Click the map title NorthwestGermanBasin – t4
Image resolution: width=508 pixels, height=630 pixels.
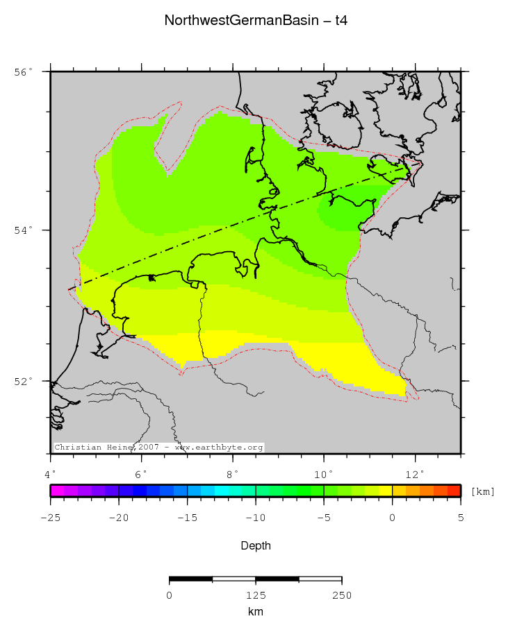pyautogui.click(x=256, y=20)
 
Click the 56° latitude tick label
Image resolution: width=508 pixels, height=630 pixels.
pyautogui.click(x=24, y=72)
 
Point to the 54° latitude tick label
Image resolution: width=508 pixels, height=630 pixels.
pyautogui.click(x=24, y=230)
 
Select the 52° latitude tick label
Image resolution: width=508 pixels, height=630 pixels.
pyautogui.click(x=24, y=382)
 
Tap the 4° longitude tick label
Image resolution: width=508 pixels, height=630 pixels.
pyautogui.click(x=51, y=474)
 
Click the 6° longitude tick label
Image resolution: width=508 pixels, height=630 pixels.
pyautogui.click(x=142, y=474)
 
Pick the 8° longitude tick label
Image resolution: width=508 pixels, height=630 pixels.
pyautogui.click(x=233, y=474)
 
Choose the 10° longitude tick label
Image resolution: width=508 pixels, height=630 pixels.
pyautogui.click(x=324, y=474)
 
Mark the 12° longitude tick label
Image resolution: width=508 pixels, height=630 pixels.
pyautogui.click(x=415, y=474)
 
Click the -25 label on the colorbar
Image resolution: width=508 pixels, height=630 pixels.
pyautogui.click(x=51, y=517)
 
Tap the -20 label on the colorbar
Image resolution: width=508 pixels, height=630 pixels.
pyautogui.click(x=119, y=517)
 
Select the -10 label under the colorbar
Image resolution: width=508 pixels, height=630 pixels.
pyautogui.click(x=256, y=517)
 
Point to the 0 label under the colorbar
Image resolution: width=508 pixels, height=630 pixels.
pyautogui.click(x=393, y=517)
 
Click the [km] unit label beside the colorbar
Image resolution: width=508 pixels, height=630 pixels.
pyautogui.click(x=482, y=491)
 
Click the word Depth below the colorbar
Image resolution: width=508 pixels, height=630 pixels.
pyautogui.click(x=256, y=546)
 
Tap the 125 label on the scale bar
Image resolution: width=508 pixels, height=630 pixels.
pyautogui.click(x=256, y=595)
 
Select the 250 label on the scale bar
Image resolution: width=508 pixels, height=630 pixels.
pyautogui.click(x=341, y=595)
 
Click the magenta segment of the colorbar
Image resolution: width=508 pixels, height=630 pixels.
pyautogui.click(x=58, y=491)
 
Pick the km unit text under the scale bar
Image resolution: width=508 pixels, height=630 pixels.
pyautogui.click(x=256, y=612)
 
